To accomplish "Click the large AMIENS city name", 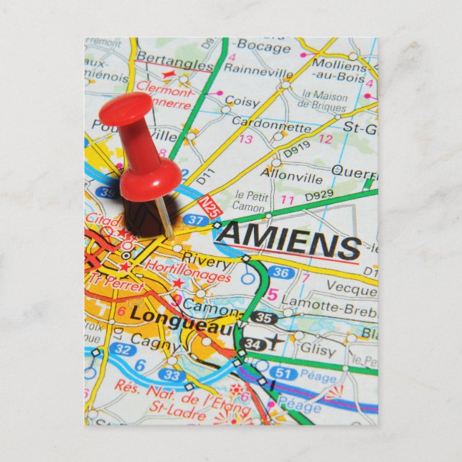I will coord(288,242).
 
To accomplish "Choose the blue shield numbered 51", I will coord(283,373).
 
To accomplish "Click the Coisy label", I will coord(242,102).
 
